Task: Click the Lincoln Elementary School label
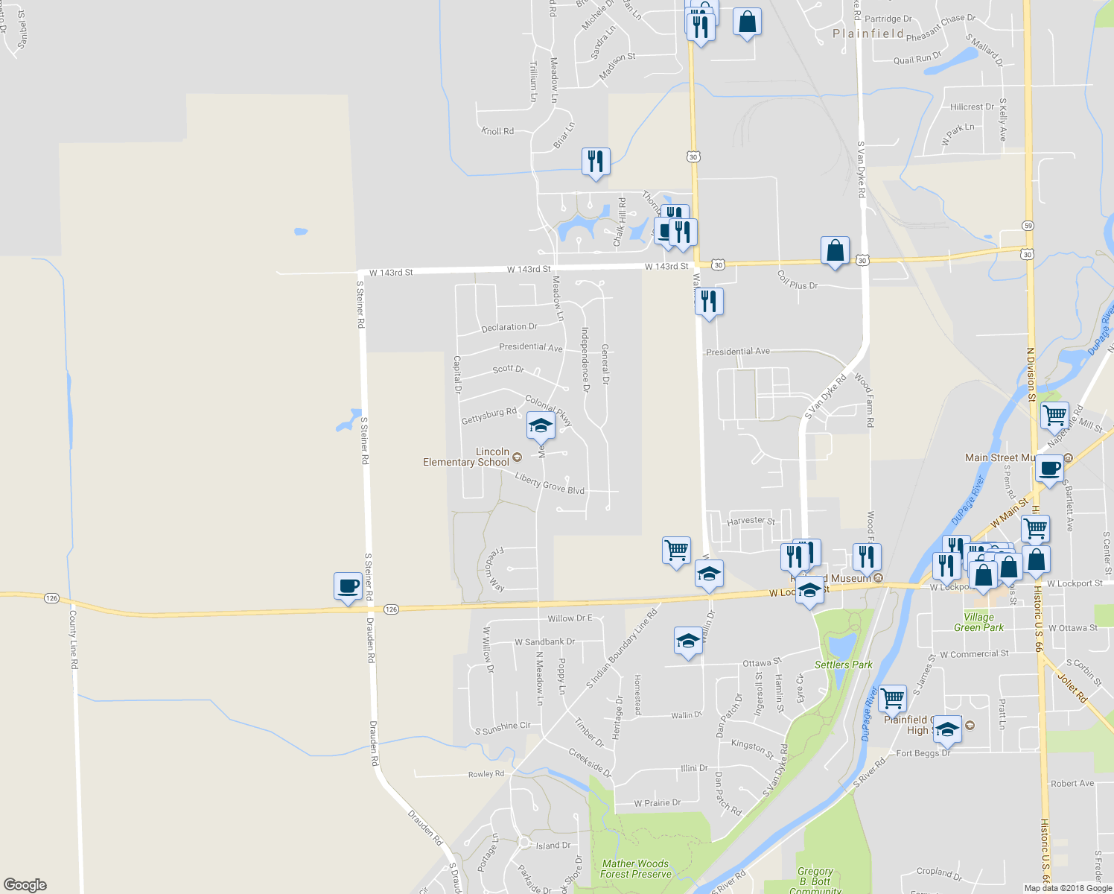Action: coord(466,457)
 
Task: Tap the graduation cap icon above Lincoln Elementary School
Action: coord(540,426)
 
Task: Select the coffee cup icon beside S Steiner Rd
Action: coord(348,586)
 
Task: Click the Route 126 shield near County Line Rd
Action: coord(51,598)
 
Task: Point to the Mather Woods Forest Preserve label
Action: coord(635,869)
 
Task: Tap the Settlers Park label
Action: coord(843,665)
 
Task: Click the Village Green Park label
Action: coord(978,622)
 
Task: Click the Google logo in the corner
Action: coord(25,885)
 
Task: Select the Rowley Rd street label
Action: coord(486,774)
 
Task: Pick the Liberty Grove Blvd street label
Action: coord(550,484)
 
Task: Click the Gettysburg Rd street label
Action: coord(488,416)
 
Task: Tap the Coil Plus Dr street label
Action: coord(798,281)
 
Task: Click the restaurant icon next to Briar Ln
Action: coord(596,161)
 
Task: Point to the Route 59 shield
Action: coord(1028,226)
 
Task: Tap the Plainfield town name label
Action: coord(868,34)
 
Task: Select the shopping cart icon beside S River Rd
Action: coord(891,699)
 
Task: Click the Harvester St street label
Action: coord(751,521)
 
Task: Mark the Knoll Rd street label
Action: coord(497,131)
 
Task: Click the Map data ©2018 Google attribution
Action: coord(1067,888)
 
